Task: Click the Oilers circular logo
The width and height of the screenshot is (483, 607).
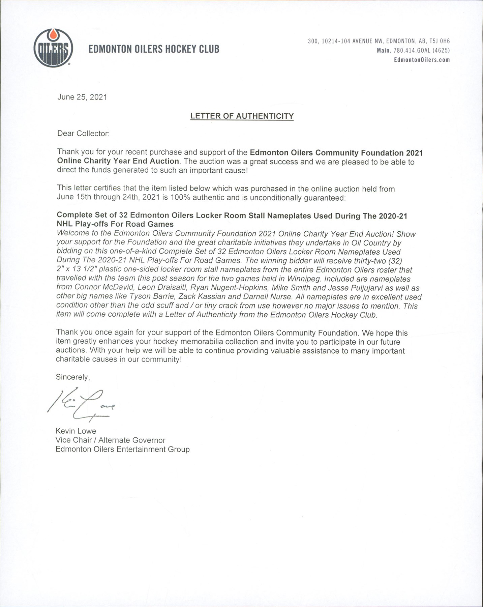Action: pyautogui.click(x=53, y=48)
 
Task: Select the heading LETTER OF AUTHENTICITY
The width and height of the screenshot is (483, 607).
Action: pyautogui.click(x=242, y=116)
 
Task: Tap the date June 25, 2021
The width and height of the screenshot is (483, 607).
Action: pyautogui.click(x=82, y=97)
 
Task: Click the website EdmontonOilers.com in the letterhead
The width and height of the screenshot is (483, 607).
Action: pyautogui.click(x=422, y=60)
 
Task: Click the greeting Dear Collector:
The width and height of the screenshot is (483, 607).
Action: pyautogui.click(x=83, y=134)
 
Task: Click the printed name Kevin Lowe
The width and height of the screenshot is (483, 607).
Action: pyautogui.click(x=76, y=431)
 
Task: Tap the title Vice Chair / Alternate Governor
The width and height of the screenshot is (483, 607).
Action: pyautogui.click(x=110, y=440)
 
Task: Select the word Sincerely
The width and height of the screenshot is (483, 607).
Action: pyautogui.click(x=72, y=377)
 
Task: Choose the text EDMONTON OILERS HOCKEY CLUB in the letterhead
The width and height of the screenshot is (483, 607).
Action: pyautogui.click(x=154, y=49)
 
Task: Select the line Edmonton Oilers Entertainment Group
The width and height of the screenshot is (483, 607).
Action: pyautogui.click(x=123, y=449)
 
